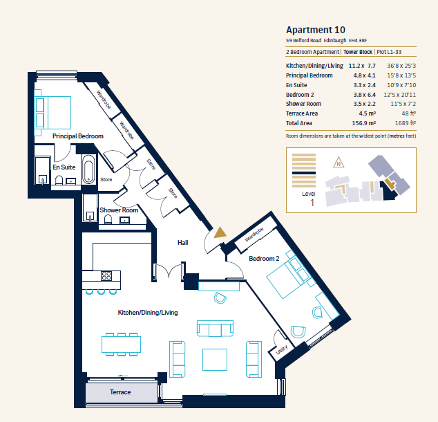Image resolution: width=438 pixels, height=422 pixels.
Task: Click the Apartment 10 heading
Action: click(x=315, y=30)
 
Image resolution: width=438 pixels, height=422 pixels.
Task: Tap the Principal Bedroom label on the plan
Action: click(x=78, y=136)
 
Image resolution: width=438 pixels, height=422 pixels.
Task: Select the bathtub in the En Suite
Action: click(x=89, y=169)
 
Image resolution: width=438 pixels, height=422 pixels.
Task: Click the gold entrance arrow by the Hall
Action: click(x=220, y=232)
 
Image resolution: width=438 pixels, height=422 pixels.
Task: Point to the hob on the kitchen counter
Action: click(x=106, y=276)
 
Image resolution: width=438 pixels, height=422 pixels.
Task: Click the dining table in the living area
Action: click(x=121, y=345)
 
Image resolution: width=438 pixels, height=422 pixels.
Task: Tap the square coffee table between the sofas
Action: click(x=215, y=359)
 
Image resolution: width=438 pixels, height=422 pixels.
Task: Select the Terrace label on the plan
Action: click(x=120, y=392)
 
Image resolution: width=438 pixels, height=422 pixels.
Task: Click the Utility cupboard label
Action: click(x=282, y=350)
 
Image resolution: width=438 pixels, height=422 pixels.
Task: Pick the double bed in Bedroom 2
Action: click(x=289, y=275)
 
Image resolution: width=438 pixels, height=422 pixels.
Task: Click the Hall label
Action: click(x=182, y=242)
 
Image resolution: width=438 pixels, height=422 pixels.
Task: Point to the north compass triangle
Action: click(x=339, y=163)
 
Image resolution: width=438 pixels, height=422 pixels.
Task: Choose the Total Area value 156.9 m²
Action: click(x=363, y=123)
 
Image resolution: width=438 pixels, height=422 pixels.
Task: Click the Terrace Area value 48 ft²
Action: click(x=409, y=113)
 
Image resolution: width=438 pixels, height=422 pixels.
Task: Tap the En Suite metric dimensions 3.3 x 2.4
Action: click(x=364, y=85)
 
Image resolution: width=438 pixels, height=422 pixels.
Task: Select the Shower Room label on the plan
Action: click(x=119, y=210)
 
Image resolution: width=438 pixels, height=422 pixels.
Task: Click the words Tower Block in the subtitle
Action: click(x=358, y=52)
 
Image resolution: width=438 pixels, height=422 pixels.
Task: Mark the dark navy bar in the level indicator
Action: click(x=304, y=173)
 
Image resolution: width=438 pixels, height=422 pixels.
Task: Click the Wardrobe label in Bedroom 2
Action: click(x=254, y=235)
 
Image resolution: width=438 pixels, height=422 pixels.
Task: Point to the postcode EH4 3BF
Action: click(x=358, y=41)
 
